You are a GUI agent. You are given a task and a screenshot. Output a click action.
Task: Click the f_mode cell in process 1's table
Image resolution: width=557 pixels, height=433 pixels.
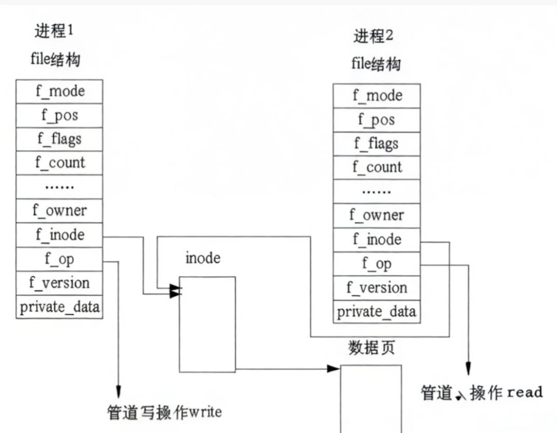(x=60, y=91)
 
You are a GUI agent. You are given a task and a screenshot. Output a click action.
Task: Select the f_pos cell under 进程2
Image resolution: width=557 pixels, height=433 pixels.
(x=376, y=120)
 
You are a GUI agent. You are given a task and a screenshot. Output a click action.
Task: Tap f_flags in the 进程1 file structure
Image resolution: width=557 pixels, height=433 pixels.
(x=60, y=139)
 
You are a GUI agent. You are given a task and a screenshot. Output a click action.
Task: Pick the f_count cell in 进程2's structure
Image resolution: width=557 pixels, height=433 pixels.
(x=376, y=167)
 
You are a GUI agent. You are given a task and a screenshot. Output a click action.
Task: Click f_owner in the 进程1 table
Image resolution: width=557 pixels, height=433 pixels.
(x=60, y=211)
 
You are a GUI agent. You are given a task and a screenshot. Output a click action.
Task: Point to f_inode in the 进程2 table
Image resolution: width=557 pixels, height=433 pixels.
(x=376, y=239)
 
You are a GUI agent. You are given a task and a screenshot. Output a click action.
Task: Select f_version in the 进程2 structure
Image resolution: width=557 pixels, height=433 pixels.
(x=376, y=287)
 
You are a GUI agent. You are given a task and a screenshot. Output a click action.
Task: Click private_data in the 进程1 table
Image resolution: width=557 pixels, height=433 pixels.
(x=60, y=307)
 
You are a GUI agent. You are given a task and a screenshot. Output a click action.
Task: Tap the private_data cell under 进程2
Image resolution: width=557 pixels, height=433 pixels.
(x=376, y=311)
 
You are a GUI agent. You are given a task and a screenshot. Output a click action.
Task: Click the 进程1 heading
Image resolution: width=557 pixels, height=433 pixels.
(x=54, y=31)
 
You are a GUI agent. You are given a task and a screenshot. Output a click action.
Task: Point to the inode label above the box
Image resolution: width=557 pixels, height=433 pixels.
(x=202, y=258)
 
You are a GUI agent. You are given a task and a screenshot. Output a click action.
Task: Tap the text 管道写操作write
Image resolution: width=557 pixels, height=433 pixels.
(x=165, y=412)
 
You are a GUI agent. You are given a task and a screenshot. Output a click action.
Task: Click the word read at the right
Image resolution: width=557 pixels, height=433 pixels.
(x=525, y=392)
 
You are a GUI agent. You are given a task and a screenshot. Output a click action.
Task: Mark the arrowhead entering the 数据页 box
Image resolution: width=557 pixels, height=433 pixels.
(x=334, y=369)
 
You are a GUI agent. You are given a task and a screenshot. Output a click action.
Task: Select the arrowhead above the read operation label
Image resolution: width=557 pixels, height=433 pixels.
(x=468, y=369)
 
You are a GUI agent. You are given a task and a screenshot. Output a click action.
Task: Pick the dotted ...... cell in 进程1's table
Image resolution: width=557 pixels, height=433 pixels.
(x=60, y=187)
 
